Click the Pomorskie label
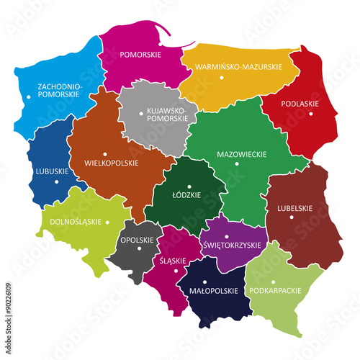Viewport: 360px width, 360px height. coord(140,53)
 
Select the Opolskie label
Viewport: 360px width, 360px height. coord(135,240)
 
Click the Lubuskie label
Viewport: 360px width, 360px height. coord(51,171)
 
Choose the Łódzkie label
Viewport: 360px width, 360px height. coord(188,194)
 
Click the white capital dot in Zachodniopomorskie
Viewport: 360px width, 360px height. coord(28,96)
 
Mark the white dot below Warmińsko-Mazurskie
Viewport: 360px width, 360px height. coord(222,76)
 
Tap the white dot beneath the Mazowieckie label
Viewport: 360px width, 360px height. coord(237,163)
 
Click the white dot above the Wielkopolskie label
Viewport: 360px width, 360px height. coord(105,153)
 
